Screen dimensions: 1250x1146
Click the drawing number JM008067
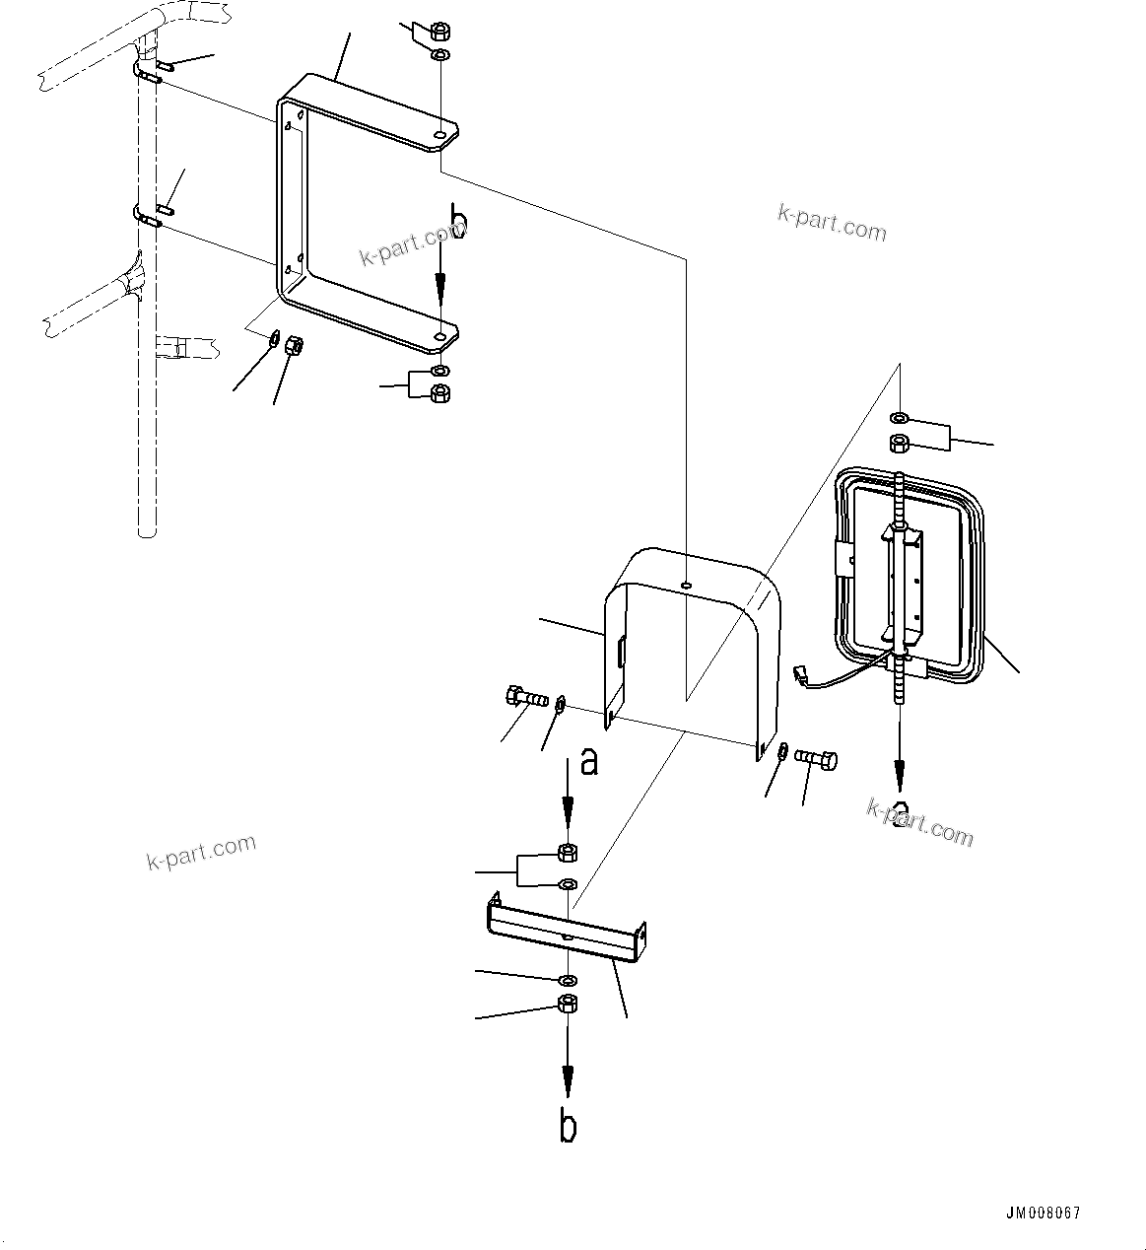[1044, 1214]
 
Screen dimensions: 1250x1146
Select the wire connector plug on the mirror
[800, 675]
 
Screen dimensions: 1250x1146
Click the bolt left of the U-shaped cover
[524, 698]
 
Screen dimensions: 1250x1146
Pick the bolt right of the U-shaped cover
[816, 758]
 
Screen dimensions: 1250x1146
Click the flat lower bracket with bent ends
[567, 927]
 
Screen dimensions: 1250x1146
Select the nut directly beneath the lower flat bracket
[568, 1004]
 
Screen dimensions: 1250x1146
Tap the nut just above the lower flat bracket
[568, 853]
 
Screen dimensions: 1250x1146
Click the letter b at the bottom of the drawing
[568, 1127]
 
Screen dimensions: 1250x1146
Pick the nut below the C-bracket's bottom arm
[441, 392]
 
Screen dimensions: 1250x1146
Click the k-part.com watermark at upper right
[832, 224]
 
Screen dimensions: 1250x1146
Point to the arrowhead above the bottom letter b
[568, 1080]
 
